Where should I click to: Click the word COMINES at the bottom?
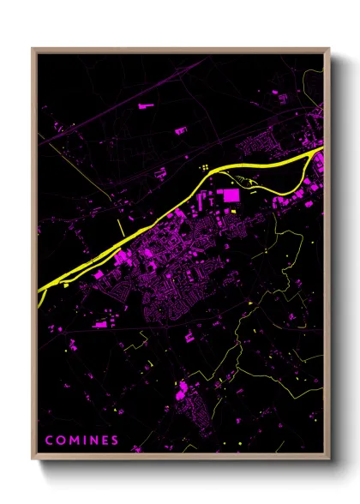82,441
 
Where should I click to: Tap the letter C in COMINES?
49,441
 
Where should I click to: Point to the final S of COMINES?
116,441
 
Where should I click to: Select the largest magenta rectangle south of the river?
231,196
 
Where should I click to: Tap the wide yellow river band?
171,213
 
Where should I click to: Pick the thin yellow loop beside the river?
249,182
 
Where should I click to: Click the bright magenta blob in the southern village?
182,393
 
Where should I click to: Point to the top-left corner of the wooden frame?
33,49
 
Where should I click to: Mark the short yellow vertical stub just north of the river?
117,225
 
